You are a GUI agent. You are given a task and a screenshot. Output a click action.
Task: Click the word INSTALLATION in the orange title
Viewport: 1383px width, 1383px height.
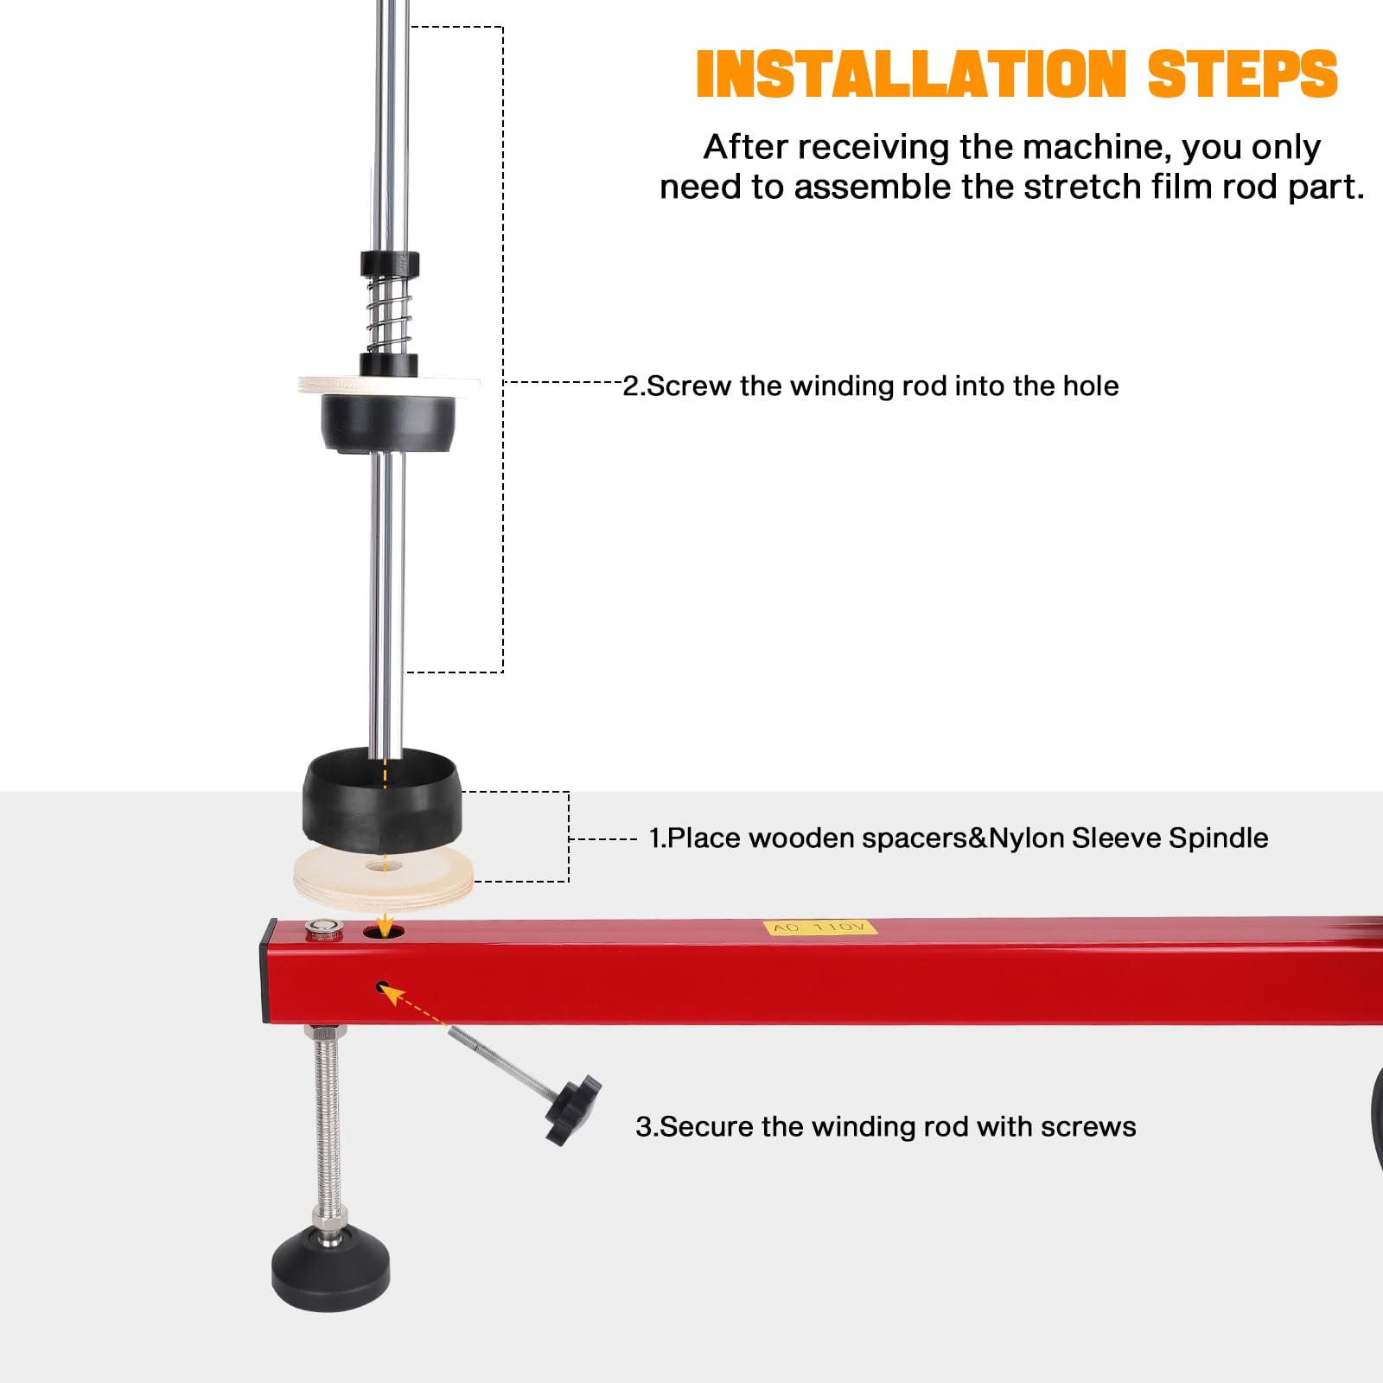tap(912, 73)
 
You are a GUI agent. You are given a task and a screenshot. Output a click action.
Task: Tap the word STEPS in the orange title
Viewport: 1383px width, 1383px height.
tap(1243, 73)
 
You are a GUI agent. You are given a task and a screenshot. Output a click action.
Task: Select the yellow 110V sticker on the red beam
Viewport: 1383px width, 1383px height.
tap(820, 927)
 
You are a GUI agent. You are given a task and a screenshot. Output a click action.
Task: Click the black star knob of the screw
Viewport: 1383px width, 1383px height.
tap(572, 1109)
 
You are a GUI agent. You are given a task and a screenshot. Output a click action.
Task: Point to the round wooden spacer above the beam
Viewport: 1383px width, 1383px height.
tap(384, 876)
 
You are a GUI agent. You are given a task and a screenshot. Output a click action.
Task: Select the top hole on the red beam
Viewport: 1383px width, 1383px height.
tap(384, 931)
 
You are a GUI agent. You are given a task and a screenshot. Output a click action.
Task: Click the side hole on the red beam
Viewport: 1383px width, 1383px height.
tap(382, 986)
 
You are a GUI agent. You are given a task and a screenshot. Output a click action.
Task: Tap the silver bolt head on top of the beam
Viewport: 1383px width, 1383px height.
tap(323, 928)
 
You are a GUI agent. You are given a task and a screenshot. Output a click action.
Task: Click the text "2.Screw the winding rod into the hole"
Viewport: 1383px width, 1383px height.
tap(870, 386)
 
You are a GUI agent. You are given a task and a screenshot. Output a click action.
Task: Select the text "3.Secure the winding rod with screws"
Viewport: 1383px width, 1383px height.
tap(886, 1126)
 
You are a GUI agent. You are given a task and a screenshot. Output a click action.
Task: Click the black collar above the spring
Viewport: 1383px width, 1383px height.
tap(390, 263)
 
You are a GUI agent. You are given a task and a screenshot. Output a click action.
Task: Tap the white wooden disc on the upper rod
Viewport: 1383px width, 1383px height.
tap(389, 386)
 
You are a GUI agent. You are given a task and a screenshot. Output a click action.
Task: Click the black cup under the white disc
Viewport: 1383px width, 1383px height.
tap(389, 424)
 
